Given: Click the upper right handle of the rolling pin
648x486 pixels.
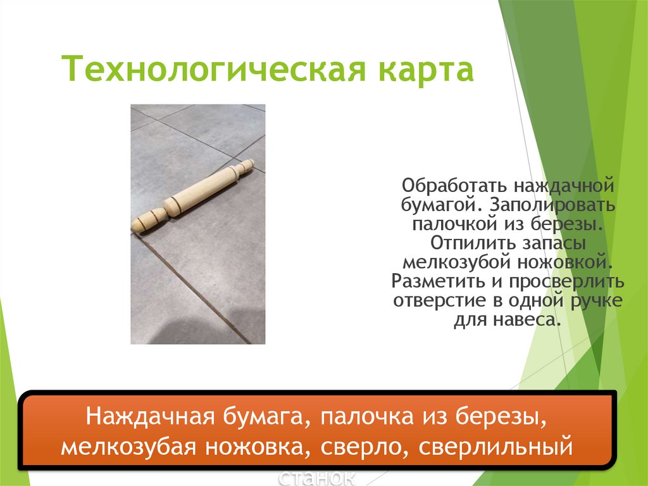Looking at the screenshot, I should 243,170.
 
